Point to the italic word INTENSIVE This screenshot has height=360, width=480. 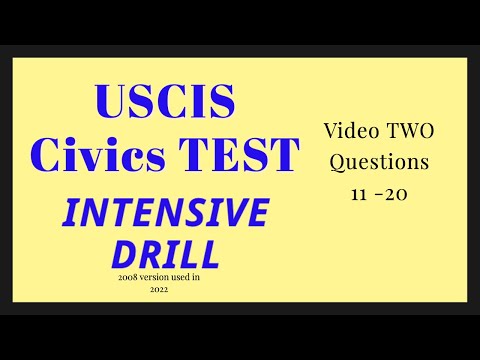[167, 212]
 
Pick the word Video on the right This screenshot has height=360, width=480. [349, 131]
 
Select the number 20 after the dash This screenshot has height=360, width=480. [399, 192]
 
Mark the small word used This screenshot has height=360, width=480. [190, 277]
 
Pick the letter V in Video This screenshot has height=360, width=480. [331, 131]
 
